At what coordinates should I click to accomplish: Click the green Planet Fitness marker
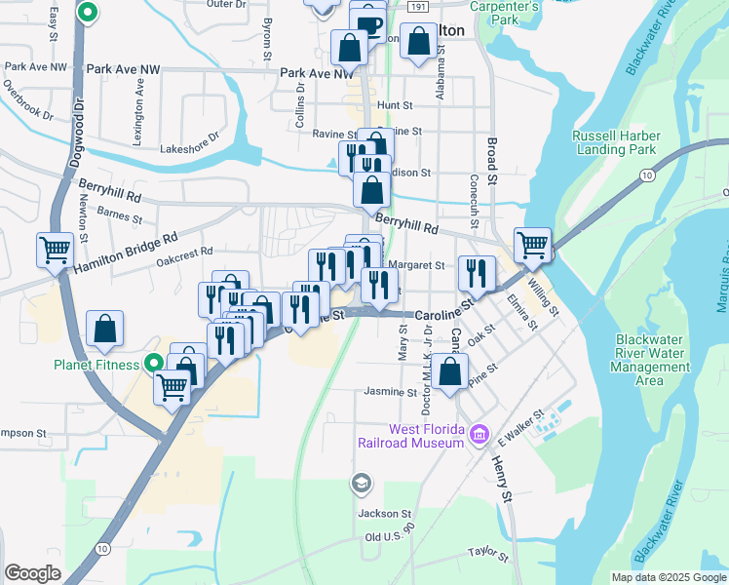pos(154,365)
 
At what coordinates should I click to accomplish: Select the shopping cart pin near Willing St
pos(532,244)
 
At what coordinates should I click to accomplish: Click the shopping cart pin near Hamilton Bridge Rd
pos(55,249)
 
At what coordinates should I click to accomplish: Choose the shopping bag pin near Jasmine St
pos(449,371)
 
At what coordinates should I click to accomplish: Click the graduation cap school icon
pos(361,483)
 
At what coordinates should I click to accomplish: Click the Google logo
pos(32,573)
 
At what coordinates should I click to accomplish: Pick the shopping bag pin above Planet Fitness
pos(105,331)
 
